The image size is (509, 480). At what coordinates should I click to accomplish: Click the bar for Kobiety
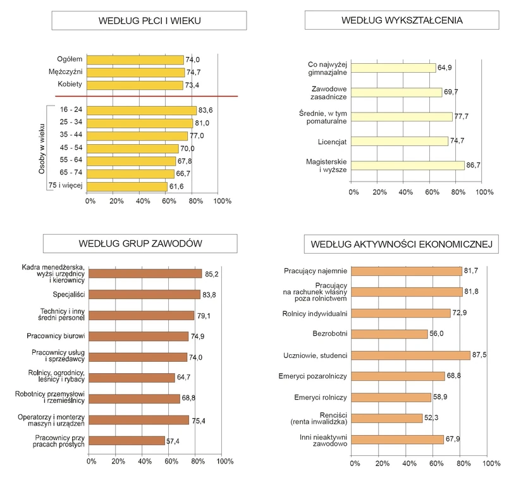[134, 84]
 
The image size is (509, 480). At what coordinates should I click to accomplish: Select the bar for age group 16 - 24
[140, 110]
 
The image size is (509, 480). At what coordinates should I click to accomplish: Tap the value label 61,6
[176, 187]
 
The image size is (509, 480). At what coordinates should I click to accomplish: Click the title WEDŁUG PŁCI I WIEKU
[150, 21]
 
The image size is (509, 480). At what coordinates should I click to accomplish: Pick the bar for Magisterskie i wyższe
[407, 166]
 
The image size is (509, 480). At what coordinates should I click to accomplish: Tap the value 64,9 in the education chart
[445, 68]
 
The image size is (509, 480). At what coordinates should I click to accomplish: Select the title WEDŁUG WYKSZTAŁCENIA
[402, 21]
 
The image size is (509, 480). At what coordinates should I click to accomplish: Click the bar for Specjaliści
[144, 295]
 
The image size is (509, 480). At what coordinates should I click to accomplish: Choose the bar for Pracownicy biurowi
[138, 336]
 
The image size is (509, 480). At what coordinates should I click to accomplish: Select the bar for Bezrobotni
[389, 334]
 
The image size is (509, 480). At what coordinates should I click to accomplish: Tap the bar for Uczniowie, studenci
[410, 355]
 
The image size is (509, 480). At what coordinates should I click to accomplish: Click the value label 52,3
[432, 418]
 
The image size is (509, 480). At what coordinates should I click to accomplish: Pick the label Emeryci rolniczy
[321, 397]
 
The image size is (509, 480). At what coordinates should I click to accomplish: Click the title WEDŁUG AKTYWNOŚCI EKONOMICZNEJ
[402, 244]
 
